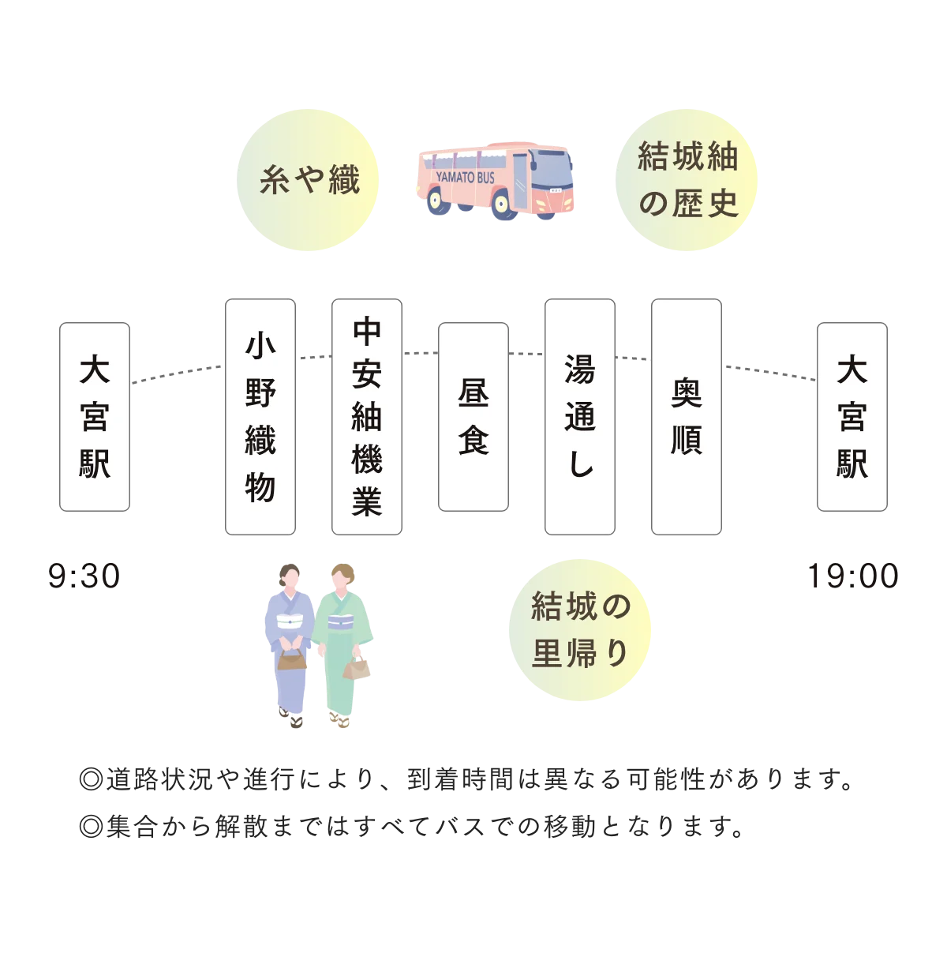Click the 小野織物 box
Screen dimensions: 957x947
tap(260, 417)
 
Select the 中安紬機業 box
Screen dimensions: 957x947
tap(367, 417)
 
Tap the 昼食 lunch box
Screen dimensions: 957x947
tap(473, 417)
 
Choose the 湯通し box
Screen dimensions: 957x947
tap(580, 417)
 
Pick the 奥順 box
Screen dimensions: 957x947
tap(687, 417)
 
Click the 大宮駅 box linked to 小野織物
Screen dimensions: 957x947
tap(95, 417)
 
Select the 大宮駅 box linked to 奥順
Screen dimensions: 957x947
tap(852, 417)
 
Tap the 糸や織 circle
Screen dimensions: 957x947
tap(309, 180)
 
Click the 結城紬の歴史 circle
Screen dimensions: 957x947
tap(687, 180)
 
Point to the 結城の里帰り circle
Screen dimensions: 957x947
tap(581, 629)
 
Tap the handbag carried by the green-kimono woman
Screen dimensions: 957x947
tap(357, 668)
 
